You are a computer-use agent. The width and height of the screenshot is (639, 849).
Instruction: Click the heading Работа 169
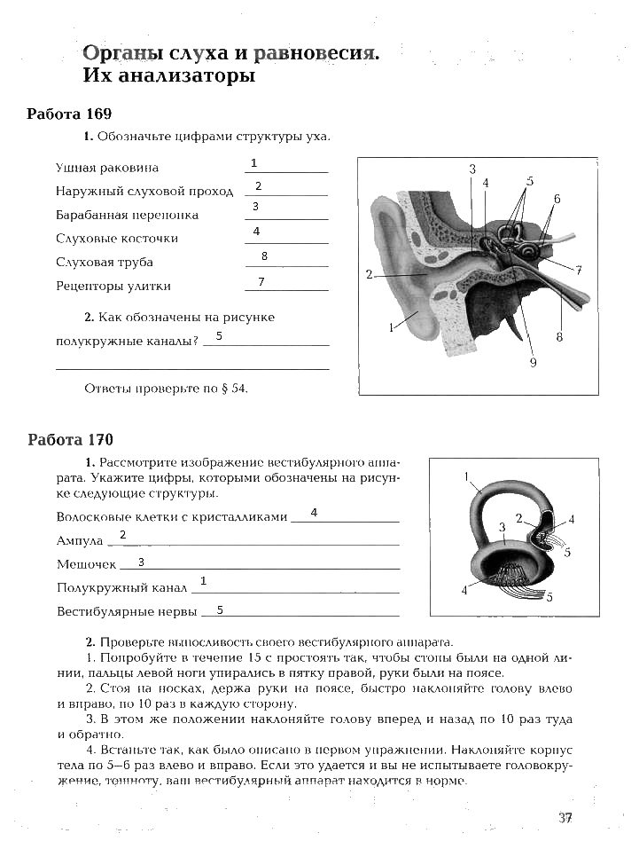point(69,114)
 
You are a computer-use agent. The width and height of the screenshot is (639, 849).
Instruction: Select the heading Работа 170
point(70,440)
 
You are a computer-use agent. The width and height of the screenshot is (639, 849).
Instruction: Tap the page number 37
point(565,818)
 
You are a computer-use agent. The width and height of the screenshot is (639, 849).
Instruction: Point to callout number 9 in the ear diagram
point(533,361)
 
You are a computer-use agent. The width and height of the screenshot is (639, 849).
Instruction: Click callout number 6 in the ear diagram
point(557,199)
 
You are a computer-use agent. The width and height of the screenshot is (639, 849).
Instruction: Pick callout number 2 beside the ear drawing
point(369,275)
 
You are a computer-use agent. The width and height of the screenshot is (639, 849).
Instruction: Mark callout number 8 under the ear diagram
point(560,336)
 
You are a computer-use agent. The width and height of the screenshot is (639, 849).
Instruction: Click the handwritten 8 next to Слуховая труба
point(264,256)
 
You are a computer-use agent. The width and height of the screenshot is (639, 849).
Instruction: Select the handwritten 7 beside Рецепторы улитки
point(261,281)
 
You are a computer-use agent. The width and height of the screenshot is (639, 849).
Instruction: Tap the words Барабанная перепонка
point(127,215)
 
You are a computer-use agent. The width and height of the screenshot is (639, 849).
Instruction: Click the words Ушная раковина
point(107,167)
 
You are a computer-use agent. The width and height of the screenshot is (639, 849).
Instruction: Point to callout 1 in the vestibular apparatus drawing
point(466,476)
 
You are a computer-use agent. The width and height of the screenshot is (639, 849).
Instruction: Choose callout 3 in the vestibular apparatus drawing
point(502,527)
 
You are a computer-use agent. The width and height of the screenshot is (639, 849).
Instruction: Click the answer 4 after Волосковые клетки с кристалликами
point(314,513)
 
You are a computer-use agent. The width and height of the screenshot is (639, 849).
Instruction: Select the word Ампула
point(80,540)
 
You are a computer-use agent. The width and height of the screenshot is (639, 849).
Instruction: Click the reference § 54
point(232,388)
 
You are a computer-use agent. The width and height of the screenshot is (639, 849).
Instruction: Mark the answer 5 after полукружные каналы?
point(218,336)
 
